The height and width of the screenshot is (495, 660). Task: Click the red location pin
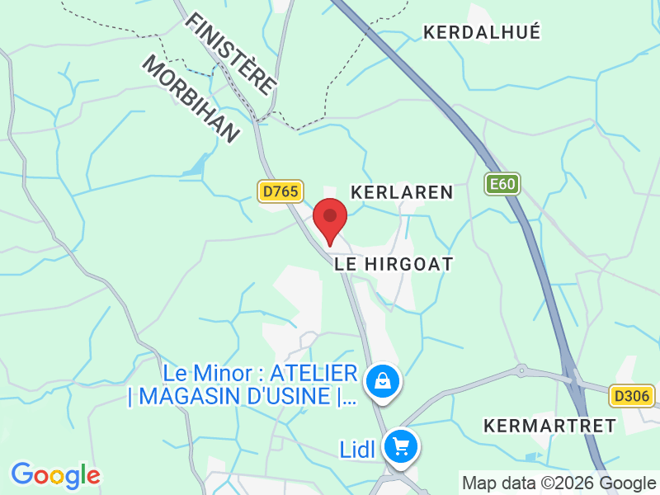(x=331, y=218)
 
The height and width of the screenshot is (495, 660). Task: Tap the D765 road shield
(x=280, y=191)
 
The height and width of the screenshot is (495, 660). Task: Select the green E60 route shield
(x=502, y=183)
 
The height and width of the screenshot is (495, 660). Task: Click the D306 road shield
(x=633, y=396)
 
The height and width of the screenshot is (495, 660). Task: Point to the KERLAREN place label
(x=402, y=192)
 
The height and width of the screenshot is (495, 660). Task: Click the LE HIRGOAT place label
(x=394, y=264)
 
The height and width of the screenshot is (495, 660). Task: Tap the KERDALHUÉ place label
(x=482, y=32)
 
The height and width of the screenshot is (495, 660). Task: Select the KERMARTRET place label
(x=550, y=426)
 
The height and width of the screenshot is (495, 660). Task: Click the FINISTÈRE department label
(x=231, y=51)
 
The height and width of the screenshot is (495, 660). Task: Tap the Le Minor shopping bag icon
(x=383, y=381)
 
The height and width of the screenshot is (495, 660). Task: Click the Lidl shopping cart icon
(x=403, y=447)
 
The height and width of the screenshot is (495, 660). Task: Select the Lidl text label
(x=357, y=450)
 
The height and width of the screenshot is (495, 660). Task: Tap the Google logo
(x=55, y=475)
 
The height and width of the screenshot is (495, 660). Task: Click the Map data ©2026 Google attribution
(x=559, y=483)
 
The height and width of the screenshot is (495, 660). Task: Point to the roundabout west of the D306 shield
(x=521, y=370)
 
